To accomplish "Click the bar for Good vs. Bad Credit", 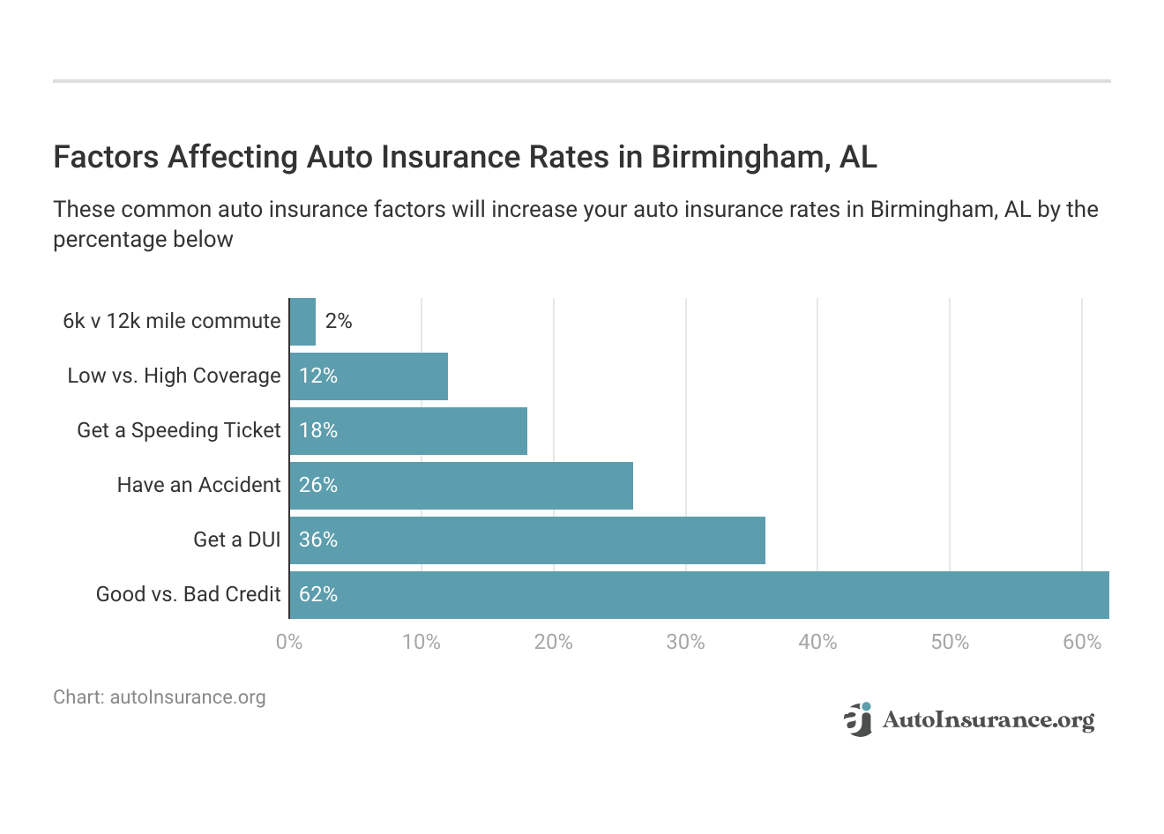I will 698,595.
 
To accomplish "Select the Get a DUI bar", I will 527,540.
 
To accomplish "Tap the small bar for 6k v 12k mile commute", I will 302,322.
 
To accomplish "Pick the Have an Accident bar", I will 461,486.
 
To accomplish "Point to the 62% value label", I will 318,595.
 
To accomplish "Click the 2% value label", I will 339,322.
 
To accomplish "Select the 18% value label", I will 318,431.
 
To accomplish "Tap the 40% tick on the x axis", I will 817,642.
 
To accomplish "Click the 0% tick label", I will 289,642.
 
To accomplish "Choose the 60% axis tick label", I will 1082,642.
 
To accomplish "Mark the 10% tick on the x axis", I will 422,642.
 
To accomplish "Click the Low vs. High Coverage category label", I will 174,376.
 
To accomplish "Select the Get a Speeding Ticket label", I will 179,431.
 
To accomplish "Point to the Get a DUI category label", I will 236,540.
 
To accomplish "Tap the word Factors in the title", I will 106,157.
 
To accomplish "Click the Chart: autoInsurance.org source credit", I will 160,697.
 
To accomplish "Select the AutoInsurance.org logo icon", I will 858,719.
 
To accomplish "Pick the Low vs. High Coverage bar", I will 369,376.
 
